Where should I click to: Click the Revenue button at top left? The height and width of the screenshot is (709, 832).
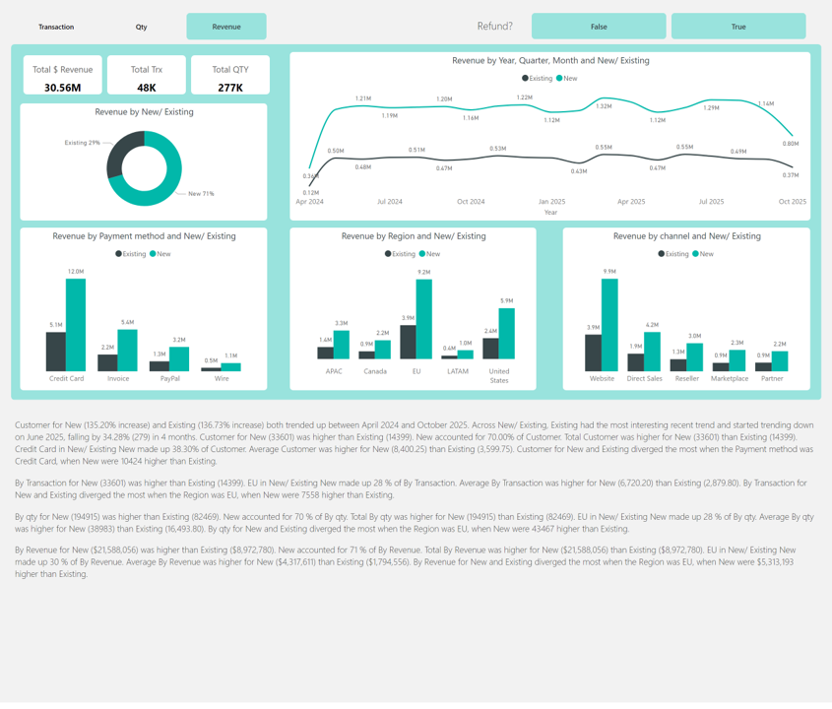pos(225,27)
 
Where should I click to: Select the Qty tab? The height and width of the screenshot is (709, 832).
pos(141,27)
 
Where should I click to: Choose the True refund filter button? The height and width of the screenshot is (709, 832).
pos(737,27)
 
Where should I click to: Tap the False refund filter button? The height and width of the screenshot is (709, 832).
pos(599,27)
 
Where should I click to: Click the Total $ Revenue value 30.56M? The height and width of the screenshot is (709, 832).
pos(62,88)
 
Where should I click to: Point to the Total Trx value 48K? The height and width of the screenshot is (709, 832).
pos(146,88)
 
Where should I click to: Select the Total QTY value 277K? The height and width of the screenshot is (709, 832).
pos(230,88)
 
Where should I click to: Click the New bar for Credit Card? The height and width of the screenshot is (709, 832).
pos(76,325)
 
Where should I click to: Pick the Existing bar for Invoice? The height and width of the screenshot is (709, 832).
pos(107,362)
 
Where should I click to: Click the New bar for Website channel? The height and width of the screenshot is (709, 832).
pos(609,325)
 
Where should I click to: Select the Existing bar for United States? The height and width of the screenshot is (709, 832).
pos(490,349)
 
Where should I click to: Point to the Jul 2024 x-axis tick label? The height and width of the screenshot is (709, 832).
pos(390,202)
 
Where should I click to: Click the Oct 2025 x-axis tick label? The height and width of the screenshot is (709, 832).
pos(792,202)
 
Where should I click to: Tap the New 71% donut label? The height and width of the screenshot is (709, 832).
pos(202,194)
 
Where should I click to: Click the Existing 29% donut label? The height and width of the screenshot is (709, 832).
pos(82,143)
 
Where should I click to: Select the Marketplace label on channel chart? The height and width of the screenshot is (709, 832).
pos(730,378)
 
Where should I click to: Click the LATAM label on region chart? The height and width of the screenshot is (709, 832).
pos(457,371)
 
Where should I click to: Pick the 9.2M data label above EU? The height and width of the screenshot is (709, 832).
pos(424,272)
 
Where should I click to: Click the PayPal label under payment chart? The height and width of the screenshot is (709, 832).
pos(169,378)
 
